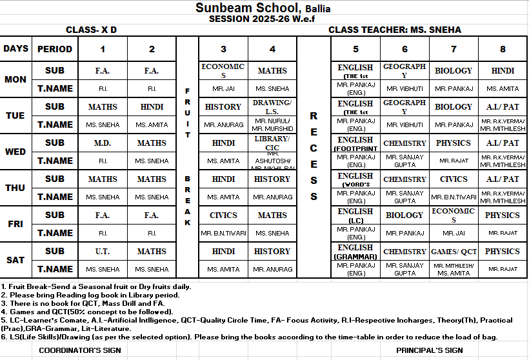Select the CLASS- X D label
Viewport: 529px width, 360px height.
pos(91,30)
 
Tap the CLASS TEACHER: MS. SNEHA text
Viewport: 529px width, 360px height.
pos(395,30)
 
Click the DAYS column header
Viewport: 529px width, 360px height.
pos(15,49)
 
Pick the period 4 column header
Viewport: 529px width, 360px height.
pos(272,49)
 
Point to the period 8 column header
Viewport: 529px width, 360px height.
pos(503,49)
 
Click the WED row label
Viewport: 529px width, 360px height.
pos(15,152)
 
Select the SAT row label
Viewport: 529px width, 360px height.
pos(15,260)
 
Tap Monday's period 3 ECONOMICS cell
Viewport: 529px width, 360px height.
pos(223,70)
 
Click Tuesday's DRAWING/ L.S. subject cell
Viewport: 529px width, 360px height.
pos(272,106)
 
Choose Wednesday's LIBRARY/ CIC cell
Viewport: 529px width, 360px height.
pos(272,143)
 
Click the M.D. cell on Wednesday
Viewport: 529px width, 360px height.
pos(103,143)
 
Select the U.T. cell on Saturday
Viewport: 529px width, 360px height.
pos(103,251)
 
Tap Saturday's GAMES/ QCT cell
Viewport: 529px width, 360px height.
pos(454,251)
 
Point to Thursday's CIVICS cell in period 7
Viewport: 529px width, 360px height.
pos(454,179)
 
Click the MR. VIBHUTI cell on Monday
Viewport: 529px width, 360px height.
pos(404,88)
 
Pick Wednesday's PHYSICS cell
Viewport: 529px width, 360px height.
pos(454,143)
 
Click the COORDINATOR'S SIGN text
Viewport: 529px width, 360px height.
pos(80,350)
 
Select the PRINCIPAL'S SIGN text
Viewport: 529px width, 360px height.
pos(430,350)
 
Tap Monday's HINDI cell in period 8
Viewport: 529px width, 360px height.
pos(503,70)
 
